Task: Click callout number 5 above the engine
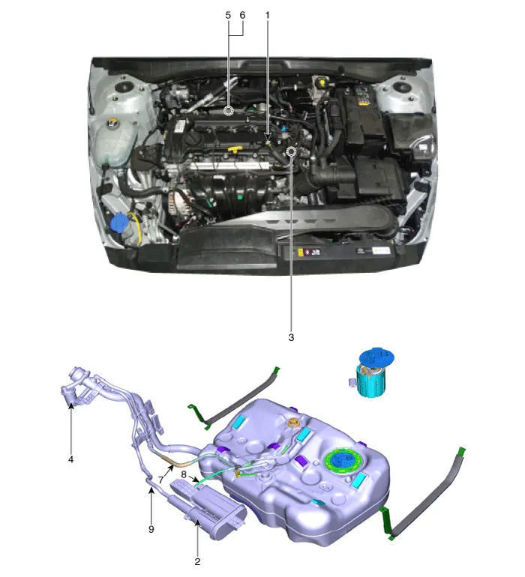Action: (x=228, y=16)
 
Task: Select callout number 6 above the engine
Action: (x=242, y=16)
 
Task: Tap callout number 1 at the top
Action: (x=268, y=16)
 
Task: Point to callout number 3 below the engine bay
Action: (x=291, y=337)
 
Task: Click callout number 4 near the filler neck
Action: (x=70, y=459)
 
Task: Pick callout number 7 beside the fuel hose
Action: (x=160, y=480)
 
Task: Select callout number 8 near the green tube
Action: (x=184, y=474)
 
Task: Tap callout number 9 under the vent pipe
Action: (x=151, y=529)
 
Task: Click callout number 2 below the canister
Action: (x=197, y=561)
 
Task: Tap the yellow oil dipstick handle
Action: (x=235, y=149)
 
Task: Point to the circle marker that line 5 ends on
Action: (x=229, y=110)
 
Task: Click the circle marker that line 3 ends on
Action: (x=292, y=151)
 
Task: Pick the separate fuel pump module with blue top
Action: (x=372, y=372)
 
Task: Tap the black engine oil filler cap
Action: (x=191, y=139)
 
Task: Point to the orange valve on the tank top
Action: (x=293, y=423)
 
